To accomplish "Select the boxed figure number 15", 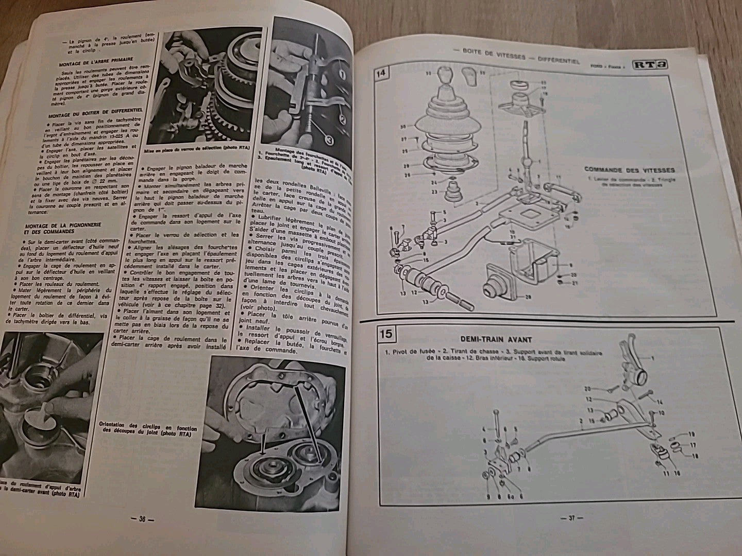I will pyautogui.click(x=385, y=334).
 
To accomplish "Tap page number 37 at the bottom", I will pyautogui.click(x=571, y=518).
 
